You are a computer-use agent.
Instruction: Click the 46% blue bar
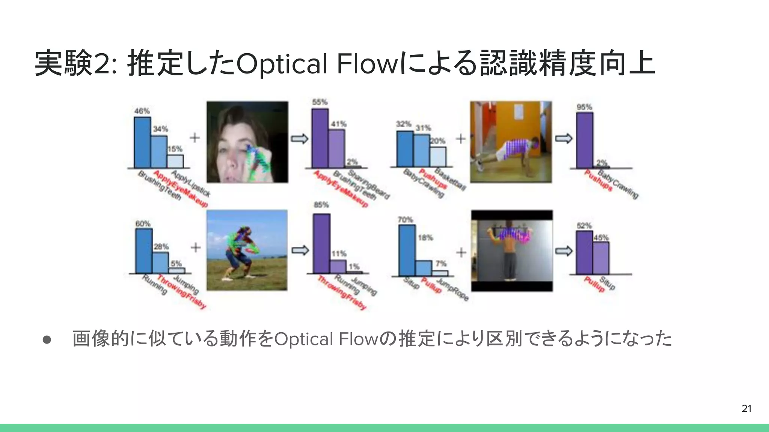[x=142, y=142]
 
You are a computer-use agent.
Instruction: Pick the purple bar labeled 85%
[x=321, y=243]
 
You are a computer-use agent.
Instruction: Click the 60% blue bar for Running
[x=144, y=251]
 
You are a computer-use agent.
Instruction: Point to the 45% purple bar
[x=601, y=258]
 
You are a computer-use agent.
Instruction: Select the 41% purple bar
[x=336, y=148]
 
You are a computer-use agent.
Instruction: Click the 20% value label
[x=437, y=141]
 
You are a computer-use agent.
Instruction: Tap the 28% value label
[x=161, y=247]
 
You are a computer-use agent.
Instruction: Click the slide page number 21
[x=746, y=408]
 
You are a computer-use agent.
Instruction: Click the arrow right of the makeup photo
[x=299, y=139]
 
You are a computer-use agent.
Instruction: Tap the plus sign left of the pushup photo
[x=461, y=139]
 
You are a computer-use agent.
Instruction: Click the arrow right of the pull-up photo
[x=564, y=250]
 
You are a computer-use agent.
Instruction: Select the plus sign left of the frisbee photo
[x=196, y=247]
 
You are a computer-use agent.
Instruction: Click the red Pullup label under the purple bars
[x=594, y=285]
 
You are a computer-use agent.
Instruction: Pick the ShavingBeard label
[x=369, y=184]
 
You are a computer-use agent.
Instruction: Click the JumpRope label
[x=452, y=289]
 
